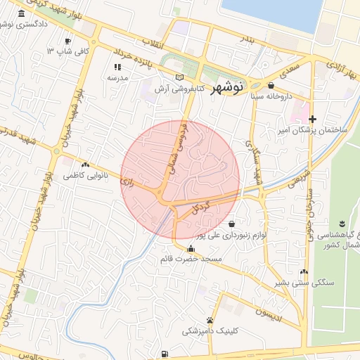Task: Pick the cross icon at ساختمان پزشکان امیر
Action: click(x=312, y=119)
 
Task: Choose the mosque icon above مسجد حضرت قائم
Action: click(x=191, y=247)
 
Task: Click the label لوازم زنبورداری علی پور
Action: click(x=231, y=236)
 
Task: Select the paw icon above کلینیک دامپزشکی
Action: click(x=210, y=320)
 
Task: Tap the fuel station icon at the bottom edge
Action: click(x=164, y=353)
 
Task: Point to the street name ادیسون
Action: click(x=269, y=309)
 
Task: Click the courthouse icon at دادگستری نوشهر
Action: click(x=20, y=14)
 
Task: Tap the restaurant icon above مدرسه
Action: click(x=117, y=67)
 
